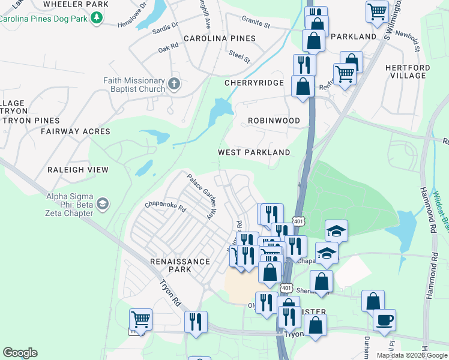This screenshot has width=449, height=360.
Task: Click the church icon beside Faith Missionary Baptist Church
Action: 174,83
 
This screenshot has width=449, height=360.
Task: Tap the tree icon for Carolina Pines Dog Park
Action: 94,18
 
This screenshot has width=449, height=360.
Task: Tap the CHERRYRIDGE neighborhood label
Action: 253,83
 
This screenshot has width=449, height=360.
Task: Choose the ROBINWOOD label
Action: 274,121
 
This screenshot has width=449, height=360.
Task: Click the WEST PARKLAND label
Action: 254,152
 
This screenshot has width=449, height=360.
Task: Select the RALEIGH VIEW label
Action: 78,170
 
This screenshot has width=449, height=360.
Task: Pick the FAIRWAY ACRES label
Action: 76,131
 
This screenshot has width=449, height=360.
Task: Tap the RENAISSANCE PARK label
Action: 179,265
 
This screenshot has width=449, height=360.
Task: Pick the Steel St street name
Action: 239,56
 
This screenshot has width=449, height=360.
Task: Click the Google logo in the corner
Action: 20,353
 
